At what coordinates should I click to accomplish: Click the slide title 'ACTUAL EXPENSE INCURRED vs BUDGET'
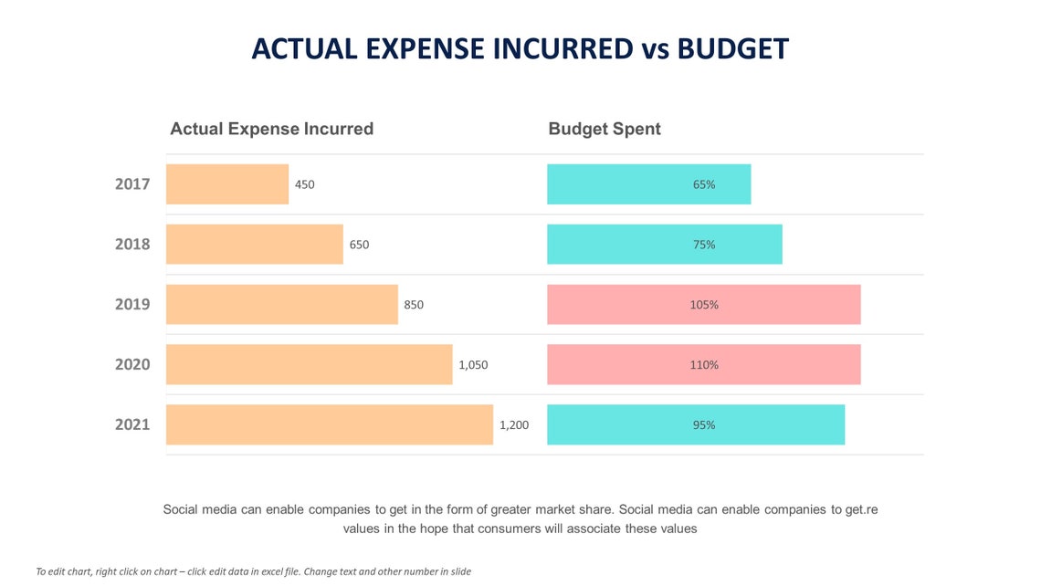[520, 48]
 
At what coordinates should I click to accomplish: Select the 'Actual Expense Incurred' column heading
[271, 129]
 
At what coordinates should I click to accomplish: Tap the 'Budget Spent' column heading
[604, 129]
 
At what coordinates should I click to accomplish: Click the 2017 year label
[132, 184]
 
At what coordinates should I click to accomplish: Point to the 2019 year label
[132, 305]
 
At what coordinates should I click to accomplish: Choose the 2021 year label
[132, 424]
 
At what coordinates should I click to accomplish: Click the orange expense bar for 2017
[226, 184]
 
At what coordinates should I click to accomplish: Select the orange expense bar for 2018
[254, 245]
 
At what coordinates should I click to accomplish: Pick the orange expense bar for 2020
[309, 364]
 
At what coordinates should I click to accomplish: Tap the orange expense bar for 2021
[329, 424]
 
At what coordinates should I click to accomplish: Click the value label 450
[304, 184]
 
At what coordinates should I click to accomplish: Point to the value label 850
[414, 305]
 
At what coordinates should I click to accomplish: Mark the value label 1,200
[513, 424]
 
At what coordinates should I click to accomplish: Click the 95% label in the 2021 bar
[703, 424]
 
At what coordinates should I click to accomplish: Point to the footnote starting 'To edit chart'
[253, 571]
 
